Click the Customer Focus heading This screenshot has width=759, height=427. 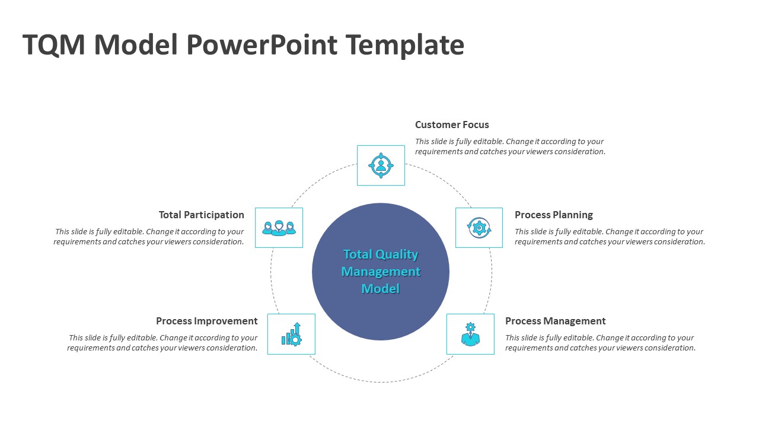(x=452, y=125)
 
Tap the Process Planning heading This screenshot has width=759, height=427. (x=553, y=215)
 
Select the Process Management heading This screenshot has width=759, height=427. (x=555, y=321)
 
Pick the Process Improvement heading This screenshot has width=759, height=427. (x=206, y=321)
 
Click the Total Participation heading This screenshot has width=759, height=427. (x=201, y=215)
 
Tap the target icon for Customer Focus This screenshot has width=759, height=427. (x=381, y=165)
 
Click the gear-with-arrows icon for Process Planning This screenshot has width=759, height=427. (x=479, y=228)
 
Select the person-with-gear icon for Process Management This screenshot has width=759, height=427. (x=470, y=334)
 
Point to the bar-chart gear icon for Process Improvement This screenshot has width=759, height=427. (x=291, y=334)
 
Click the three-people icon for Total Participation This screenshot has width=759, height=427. (x=279, y=228)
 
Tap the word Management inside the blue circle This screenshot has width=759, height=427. (x=381, y=272)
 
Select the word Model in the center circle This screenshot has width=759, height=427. (x=381, y=289)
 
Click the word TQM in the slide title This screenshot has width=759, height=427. (x=53, y=45)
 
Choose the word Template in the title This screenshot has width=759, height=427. (x=404, y=45)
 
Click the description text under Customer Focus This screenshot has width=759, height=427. (x=510, y=146)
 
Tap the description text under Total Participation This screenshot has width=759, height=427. (x=149, y=237)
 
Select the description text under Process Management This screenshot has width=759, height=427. (x=599, y=343)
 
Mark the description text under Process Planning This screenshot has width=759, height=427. (x=609, y=237)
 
